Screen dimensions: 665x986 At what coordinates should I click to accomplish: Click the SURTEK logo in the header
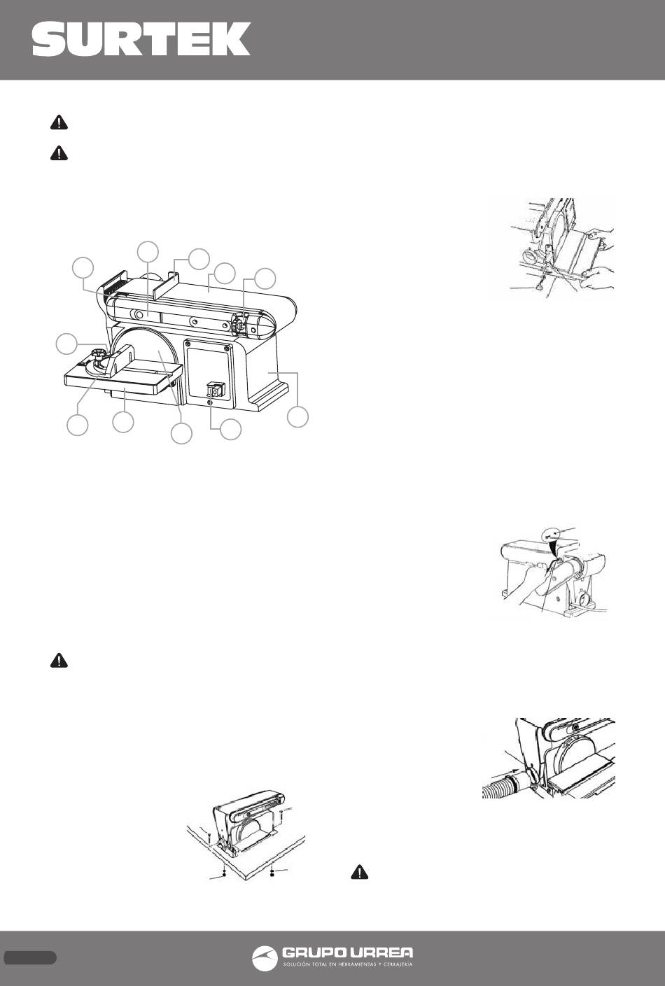pyautogui.click(x=141, y=38)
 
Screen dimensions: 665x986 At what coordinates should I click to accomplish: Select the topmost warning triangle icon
pyautogui.click(x=59, y=122)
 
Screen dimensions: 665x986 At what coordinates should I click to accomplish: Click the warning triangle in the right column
pyautogui.click(x=360, y=873)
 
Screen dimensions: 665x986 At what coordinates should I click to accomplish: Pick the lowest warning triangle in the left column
pyautogui.click(x=59, y=661)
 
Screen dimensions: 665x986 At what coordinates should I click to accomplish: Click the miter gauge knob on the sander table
pyautogui.click(x=99, y=353)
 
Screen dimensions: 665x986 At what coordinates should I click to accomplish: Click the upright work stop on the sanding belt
pyautogui.click(x=173, y=282)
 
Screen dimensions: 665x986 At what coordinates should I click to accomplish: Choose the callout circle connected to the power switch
pyautogui.click(x=231, y=429)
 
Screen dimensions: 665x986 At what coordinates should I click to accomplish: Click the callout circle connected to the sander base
pyautogui.click(x=297, y=416)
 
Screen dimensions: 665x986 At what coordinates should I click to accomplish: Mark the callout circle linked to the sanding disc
pyautogui.click(x=181, y=434)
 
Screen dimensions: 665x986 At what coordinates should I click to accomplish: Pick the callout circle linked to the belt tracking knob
pyautogui.click(x=265, y=279)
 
